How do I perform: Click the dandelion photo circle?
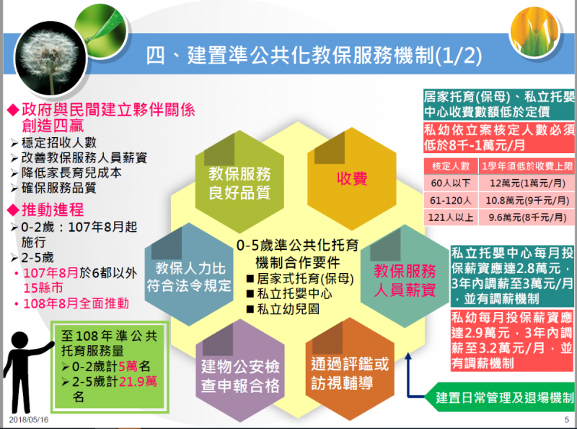(x=50, y=58)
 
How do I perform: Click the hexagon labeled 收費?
(x=352, y=179)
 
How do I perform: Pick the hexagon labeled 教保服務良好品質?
(x=239, y=182)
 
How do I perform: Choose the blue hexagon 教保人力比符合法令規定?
(x=189, y=274)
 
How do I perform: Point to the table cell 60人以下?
(x=451, y=183)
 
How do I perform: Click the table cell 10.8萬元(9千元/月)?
(x=527, y=201)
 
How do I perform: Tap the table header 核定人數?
(x=451, y=166)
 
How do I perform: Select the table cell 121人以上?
(x=451, y=217)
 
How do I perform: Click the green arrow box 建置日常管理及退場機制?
(x=500, y=398)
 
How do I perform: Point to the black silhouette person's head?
(x=20, y=341)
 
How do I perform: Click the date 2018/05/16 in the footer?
(x=29, y=420)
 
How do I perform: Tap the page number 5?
(x=567, y=420)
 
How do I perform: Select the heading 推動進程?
(x=53, y=209)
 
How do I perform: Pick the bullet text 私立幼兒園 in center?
(x=288, y=309)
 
